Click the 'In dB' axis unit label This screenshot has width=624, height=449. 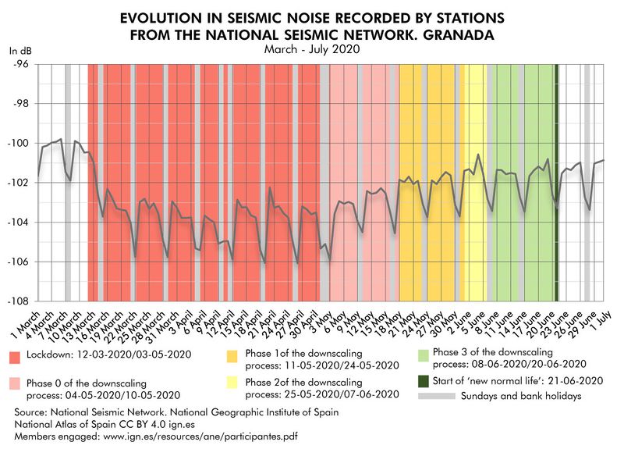[x=19, y=50]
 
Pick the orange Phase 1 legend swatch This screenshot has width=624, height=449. [x=232, y=358]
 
